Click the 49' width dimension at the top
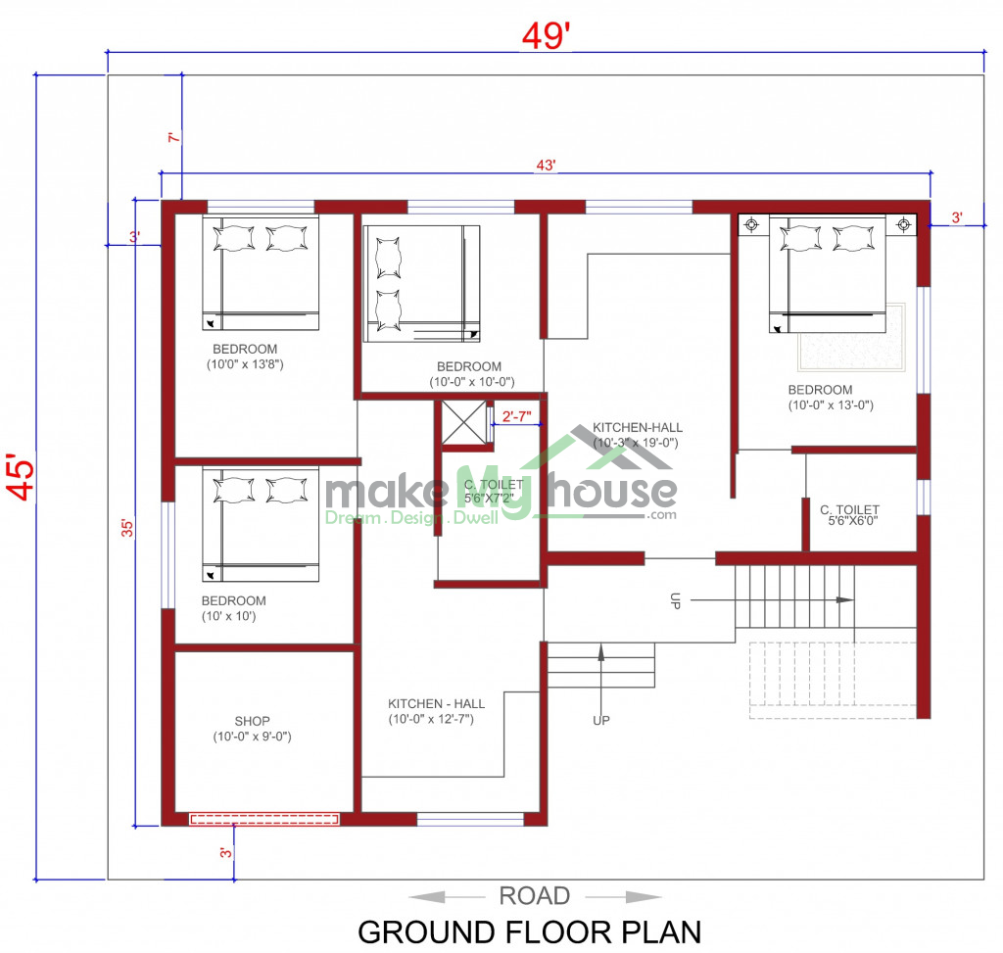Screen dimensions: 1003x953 [x=546, y=36]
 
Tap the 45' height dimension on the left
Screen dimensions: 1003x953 [x=22, y=477]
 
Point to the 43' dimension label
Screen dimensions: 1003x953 [x=546, y=165]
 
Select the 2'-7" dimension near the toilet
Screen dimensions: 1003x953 [x=517, y=417]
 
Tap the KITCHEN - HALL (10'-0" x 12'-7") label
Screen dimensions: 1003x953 [x=436, y=711]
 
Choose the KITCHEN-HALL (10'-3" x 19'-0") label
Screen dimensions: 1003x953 [x=637, y=435]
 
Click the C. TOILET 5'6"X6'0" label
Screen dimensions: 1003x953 [x=850, y=515]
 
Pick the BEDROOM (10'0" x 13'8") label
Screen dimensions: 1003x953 [x=245, y=357]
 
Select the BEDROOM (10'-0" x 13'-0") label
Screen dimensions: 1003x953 [x=831, y=398]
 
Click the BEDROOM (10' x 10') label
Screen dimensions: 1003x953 [x=233, y=608]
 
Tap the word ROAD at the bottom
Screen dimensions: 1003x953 [x=534, y=896]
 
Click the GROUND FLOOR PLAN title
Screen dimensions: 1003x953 [x=530, y=932]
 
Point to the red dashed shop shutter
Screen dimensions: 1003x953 [x=264, y=819]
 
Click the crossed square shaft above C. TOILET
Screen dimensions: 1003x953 [x=463, y=422]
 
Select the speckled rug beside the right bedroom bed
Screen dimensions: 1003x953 [x=852, y=338]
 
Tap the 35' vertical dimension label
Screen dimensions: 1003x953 [x=128, y=528]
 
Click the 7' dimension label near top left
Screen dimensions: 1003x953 [x=174, y=137]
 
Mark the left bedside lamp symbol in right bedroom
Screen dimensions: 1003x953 [x=751, y=224]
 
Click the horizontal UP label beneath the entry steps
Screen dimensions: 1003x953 [x=601, y=720]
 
